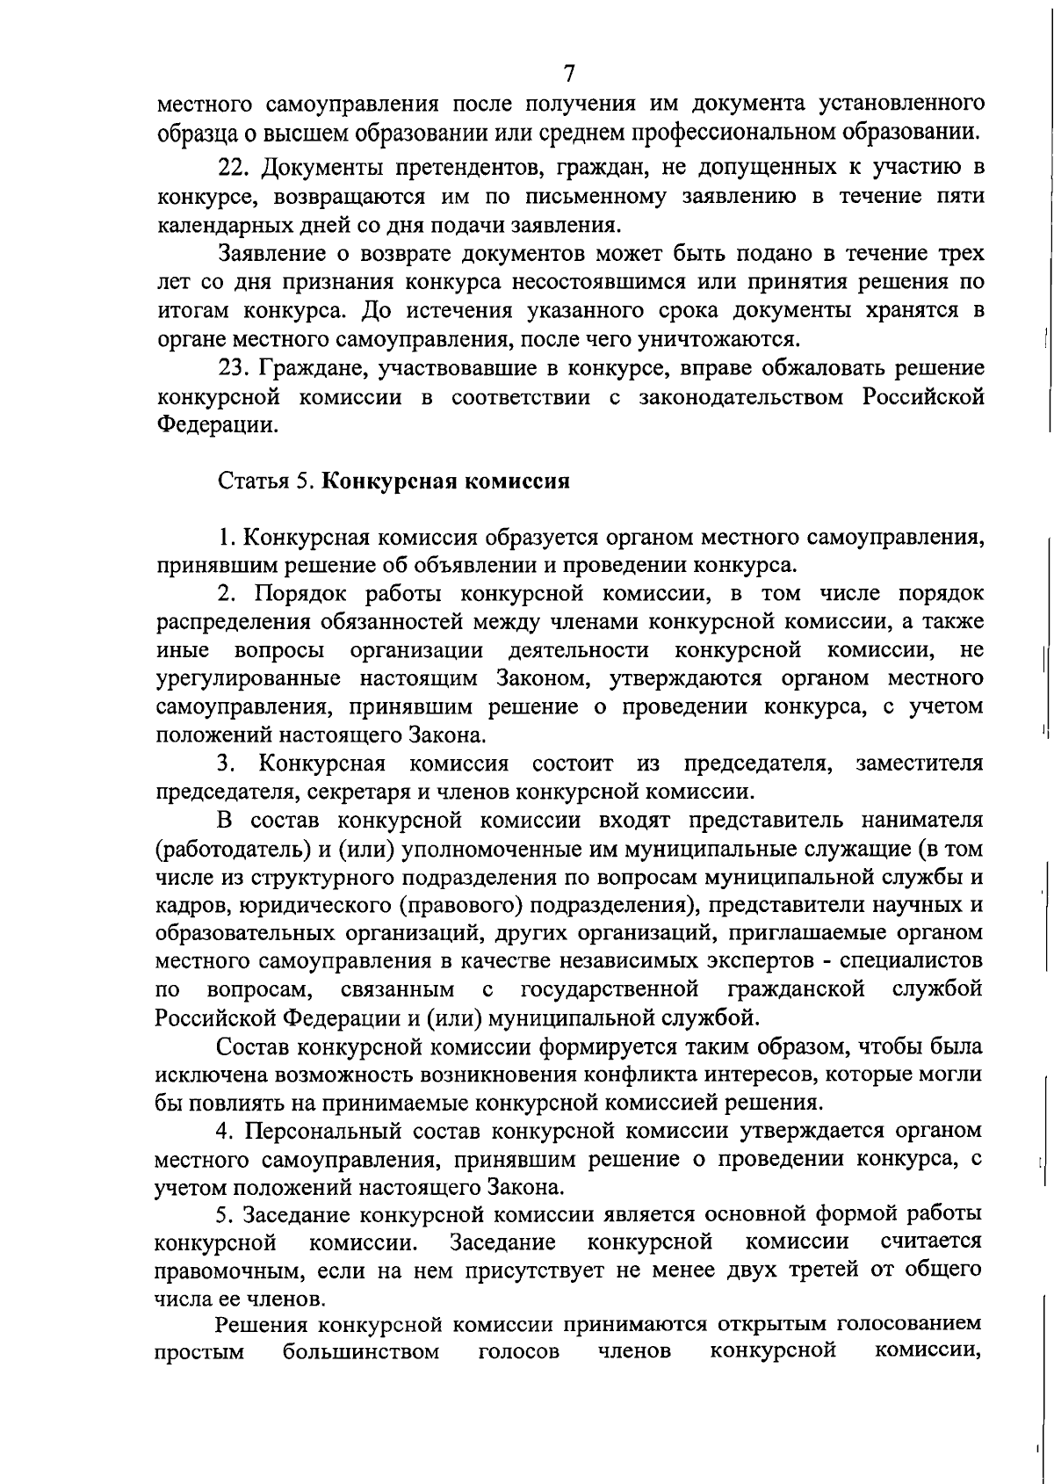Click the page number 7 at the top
(x=569, y=72)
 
